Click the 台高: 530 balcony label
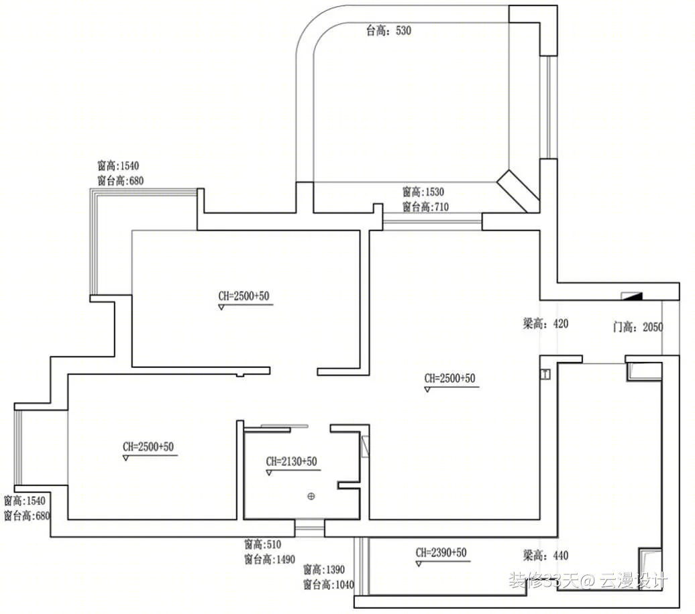[388, 31]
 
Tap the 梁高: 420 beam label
[545, 324]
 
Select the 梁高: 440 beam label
[545, 556]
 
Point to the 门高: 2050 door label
[638, 327]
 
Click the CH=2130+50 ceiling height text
[292, 461]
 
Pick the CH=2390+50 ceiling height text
[441, 552]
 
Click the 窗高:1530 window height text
[423, 192]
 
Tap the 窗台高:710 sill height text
[425, 207]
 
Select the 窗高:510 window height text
[262, 544]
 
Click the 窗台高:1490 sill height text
[270, 559]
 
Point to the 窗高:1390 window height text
[324, 569]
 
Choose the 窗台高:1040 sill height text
[329, 585]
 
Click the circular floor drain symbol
[311, 496]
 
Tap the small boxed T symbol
[545, 374]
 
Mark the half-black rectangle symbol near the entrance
[632, 296]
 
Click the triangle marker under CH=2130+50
[268, 473]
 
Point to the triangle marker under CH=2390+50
[419, 564]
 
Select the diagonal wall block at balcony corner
[518, 191]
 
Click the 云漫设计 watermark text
[633, 580]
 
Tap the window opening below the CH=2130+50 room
[310, 528]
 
